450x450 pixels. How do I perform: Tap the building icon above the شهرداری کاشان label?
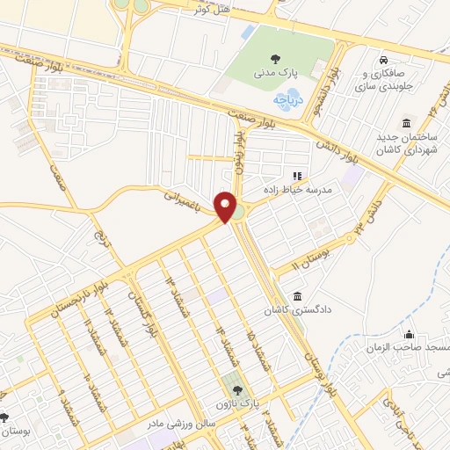click(405, 123)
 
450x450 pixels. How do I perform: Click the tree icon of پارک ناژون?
click(234, 390)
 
